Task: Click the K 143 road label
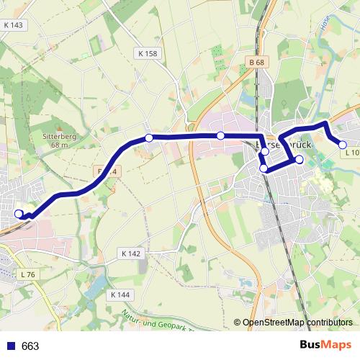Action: (14, 25)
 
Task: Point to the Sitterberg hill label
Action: (54, 136)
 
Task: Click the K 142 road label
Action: (131, 253)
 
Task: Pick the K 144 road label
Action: (121, 295)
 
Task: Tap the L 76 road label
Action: (28, 274)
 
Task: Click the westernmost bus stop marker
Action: (19, 213)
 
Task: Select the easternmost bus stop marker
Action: (343, 145)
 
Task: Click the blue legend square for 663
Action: (10, 346)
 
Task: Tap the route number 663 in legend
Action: (30, 346)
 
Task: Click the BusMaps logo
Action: (327, 346)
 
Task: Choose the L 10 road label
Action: (351, 153)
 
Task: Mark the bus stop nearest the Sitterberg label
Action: (149, 138)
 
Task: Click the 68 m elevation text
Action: (54, 145)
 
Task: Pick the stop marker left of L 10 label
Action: (343, 145)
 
